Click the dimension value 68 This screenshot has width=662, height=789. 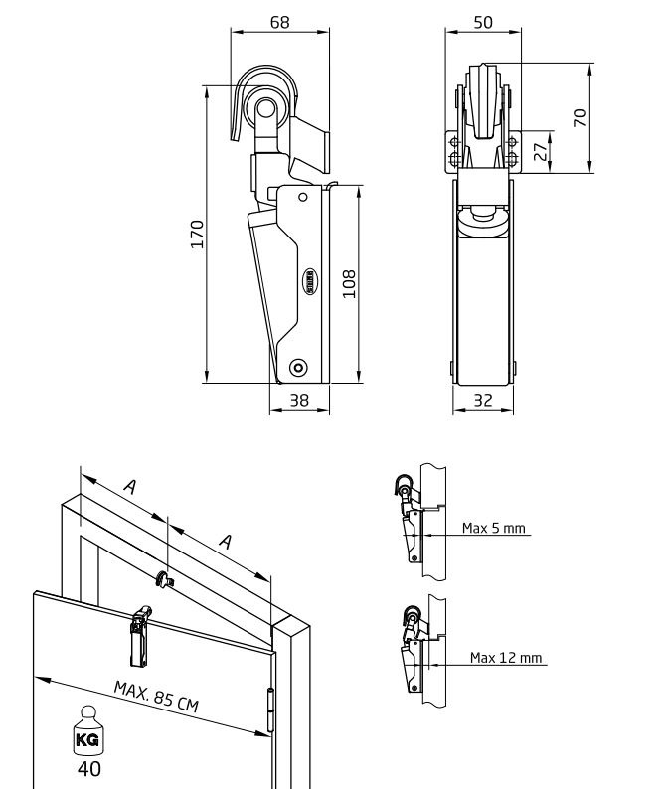(280, 21)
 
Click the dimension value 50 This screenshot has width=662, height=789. (483, 21)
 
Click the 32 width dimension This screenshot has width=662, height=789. (483, 400)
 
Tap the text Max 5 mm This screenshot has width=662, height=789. (493, 528)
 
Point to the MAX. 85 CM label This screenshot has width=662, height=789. (154, 695)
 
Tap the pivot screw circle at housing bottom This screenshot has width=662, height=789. (298, 368)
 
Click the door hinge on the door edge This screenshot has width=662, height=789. (271, 709)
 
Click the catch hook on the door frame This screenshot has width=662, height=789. (164, 575)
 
